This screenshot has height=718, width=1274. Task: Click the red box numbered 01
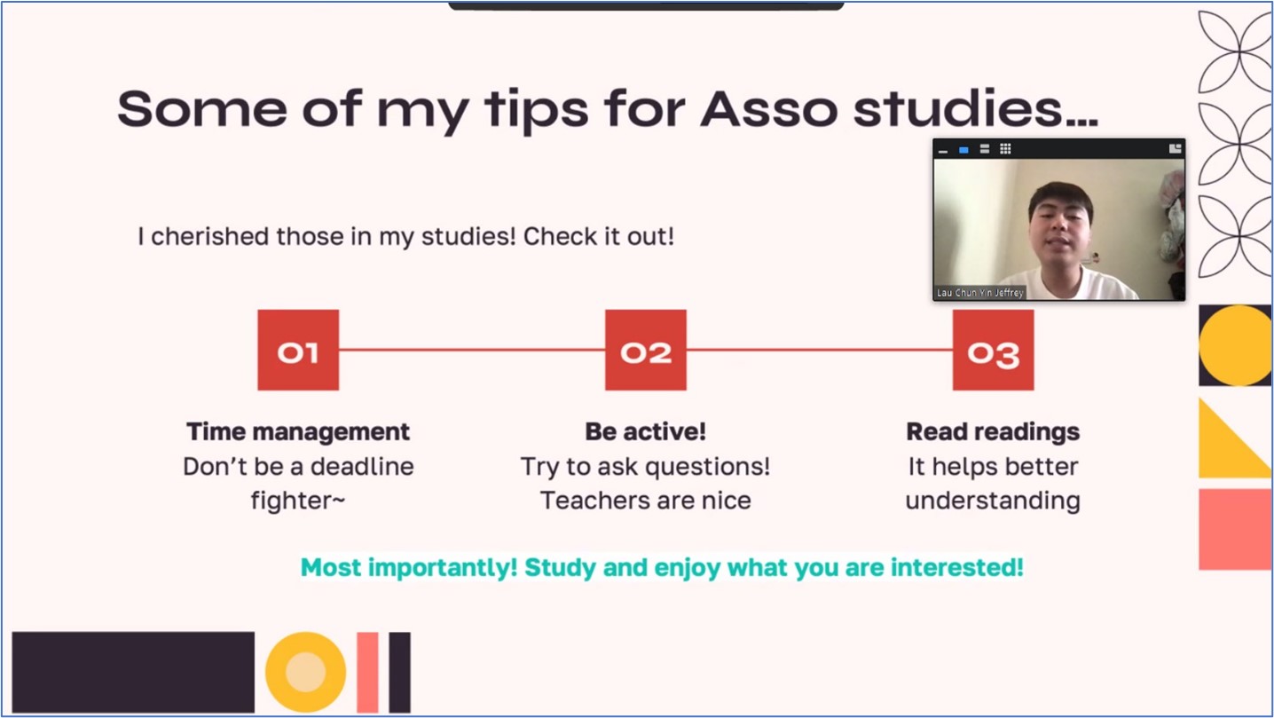tap(298, 350)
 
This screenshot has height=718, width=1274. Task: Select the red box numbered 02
tap(646, 350)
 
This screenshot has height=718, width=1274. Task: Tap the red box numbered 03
tap(993, 350)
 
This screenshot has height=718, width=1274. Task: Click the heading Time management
tap(298, 432)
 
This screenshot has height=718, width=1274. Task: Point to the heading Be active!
tap(646, 431)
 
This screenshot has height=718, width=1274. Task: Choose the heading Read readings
tap(993, 432)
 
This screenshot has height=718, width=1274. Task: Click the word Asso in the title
tap(769, 109)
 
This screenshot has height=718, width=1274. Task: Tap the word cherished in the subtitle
tap(210, 236)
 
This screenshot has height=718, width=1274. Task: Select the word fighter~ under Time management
tap(298, 501)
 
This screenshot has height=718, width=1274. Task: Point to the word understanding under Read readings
tap(993, 501)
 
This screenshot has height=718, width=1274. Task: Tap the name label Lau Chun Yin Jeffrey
tap(980, 292)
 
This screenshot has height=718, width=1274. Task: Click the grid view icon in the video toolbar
tap(1005, 149)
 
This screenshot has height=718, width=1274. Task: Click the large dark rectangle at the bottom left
tap(133, 672)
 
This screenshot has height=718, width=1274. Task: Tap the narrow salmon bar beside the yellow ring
tap(367, 672)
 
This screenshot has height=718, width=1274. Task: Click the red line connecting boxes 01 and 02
tap(472, 350)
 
